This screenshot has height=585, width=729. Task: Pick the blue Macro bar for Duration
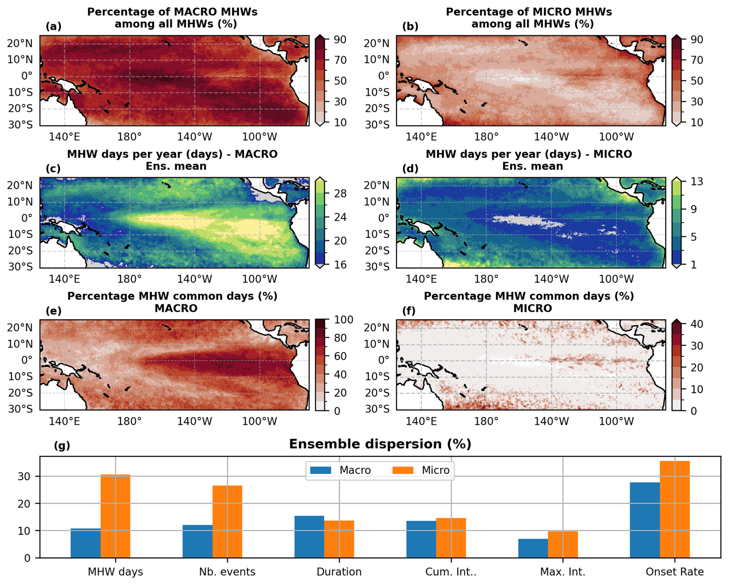309,536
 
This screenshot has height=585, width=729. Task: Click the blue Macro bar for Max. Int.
533,548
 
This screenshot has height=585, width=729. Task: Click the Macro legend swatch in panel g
321,470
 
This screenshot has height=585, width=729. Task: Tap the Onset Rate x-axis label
674,572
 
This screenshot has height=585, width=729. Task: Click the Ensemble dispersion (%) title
380,444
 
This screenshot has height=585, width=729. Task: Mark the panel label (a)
54,26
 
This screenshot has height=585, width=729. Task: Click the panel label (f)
409,310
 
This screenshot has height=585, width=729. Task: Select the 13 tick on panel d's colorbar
697,182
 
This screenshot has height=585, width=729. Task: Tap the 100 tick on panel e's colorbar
344,320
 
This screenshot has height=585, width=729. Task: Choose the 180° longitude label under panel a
129,137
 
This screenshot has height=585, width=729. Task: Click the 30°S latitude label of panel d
377,266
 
